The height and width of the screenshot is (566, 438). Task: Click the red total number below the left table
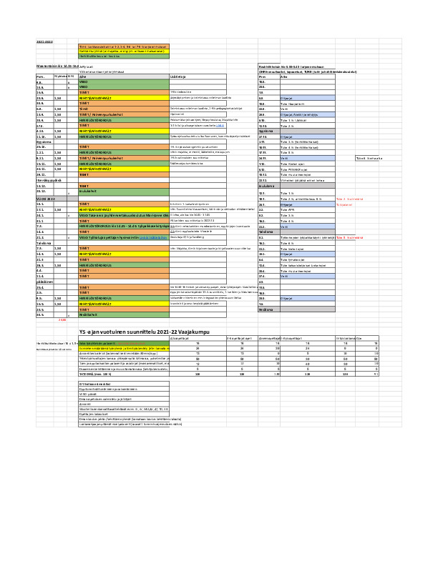tap(62, 319)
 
